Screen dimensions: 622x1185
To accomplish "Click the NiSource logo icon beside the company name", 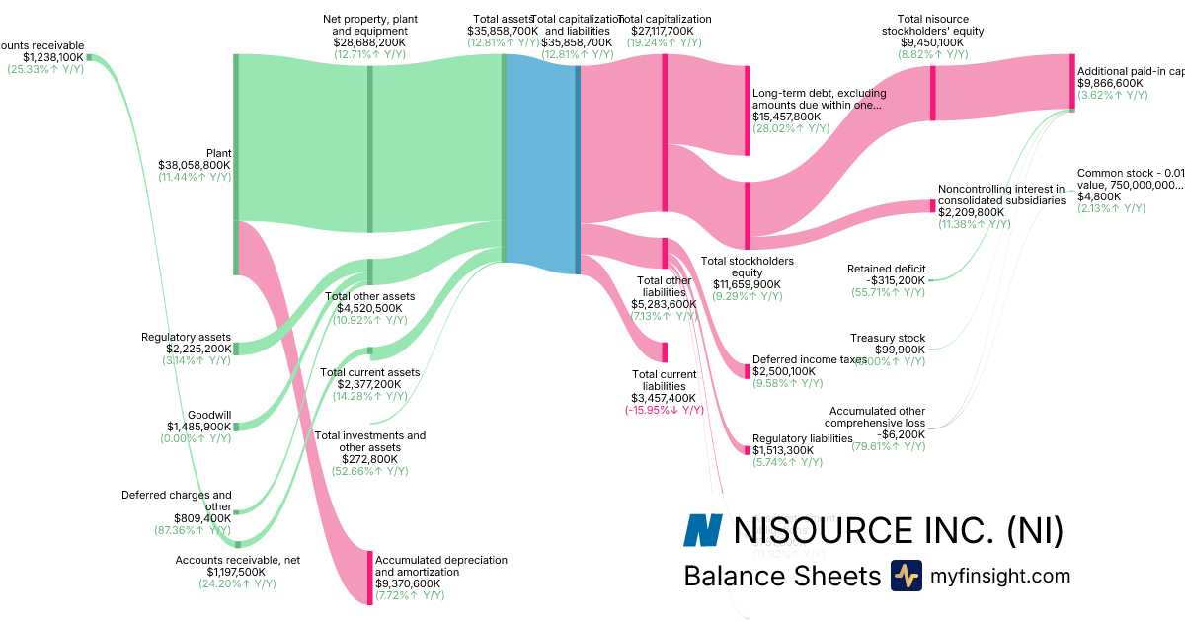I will [703, 530].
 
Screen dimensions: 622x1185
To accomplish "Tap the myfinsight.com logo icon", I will [906, 576].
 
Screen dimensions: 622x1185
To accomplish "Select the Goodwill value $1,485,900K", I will [199, 427].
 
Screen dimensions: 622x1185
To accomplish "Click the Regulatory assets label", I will [187, 338].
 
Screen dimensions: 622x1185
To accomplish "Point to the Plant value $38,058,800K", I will [195, 165].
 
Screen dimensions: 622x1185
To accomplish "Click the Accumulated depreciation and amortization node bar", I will [370, 577].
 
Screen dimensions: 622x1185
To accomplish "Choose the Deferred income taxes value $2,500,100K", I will [785, 371].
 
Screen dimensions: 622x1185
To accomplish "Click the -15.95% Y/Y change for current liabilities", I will [664, 410].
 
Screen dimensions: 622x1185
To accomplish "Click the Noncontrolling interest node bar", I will [932, 205].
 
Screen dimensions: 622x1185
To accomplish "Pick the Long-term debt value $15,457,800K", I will [790, 117].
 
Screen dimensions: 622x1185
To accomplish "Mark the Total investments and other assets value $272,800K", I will [370, 459].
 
